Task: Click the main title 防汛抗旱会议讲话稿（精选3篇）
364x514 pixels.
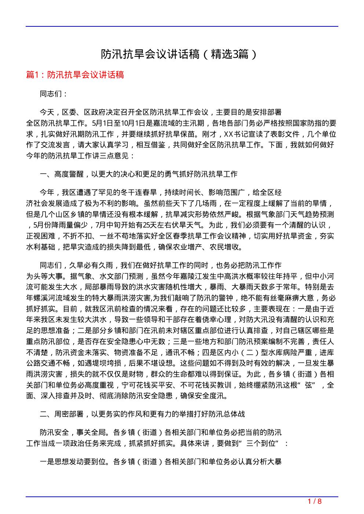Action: tap(179, 54)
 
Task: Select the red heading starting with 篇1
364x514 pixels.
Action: tap(75, 75)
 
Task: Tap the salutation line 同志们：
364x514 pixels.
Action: tap(54, 94)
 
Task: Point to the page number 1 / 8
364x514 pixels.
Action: tap(314, 502)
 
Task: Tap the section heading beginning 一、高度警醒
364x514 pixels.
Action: tap(139, 174)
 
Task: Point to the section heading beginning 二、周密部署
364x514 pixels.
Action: tap(142, 414)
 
